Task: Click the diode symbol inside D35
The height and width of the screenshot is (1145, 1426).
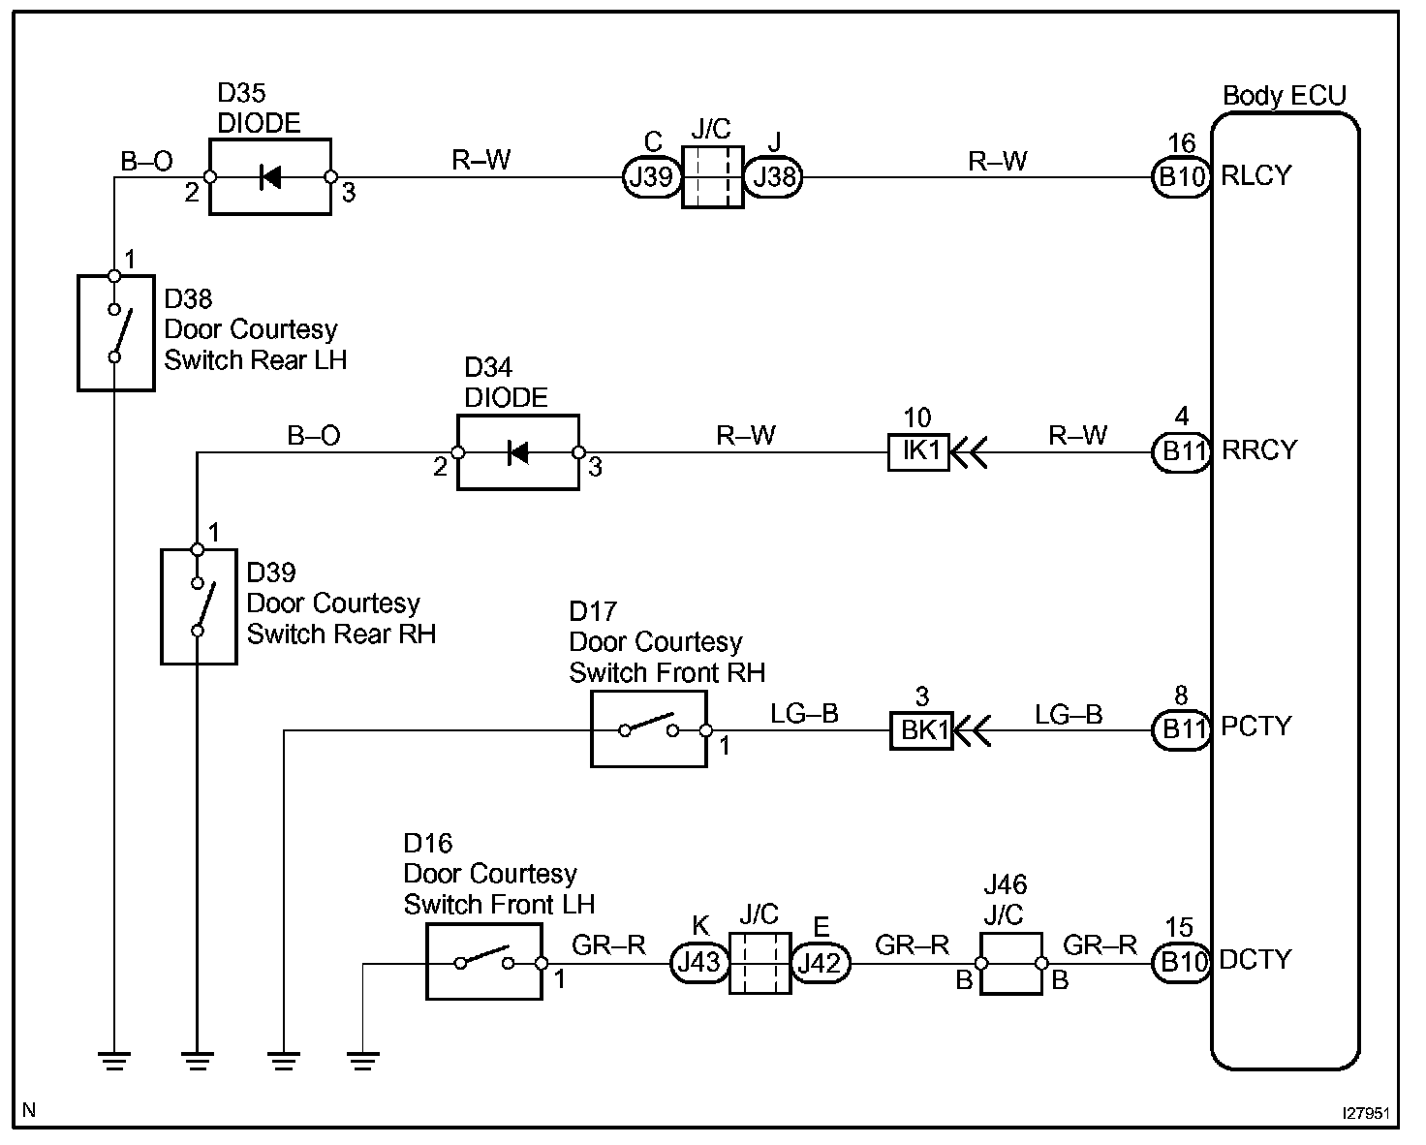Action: coord(269,177)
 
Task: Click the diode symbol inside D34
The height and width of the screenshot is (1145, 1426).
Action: coord(517,453)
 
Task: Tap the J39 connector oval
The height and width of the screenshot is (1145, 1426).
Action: coord(651,177)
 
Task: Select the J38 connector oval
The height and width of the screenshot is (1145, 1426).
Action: coord(773,177)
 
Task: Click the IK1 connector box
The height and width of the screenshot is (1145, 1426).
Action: coord(919,452)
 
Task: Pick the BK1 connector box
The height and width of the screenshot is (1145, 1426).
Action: coord(921,730)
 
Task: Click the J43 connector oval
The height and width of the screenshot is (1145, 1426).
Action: coord(699,963)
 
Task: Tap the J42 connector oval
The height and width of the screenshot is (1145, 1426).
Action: coord(821,963)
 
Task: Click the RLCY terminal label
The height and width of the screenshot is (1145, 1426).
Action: coord(1255,176)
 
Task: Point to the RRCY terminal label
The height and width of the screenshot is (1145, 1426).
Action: coord(1259,450)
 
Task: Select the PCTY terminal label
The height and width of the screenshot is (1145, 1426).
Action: coord(1256,727)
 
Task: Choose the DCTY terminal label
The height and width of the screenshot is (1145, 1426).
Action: coord(1255,960)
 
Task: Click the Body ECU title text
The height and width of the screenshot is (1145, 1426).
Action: coord(1285,96)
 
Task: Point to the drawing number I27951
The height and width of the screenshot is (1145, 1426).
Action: coord(1366,1114)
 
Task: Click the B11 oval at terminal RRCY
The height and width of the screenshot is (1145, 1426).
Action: coord(1183,452)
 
